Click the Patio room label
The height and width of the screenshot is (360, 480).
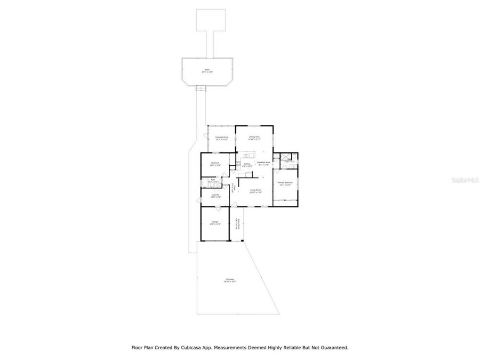click(207, 70)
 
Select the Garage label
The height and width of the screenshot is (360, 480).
click(214, 222)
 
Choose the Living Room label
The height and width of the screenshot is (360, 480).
click(255, 190)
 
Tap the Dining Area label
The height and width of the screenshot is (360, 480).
click(254, 137)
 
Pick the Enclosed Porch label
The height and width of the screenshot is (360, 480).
click(221, 138)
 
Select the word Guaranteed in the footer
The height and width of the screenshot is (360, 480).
click(332, 347)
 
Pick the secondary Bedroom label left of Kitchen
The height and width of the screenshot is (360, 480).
click(215, 164)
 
